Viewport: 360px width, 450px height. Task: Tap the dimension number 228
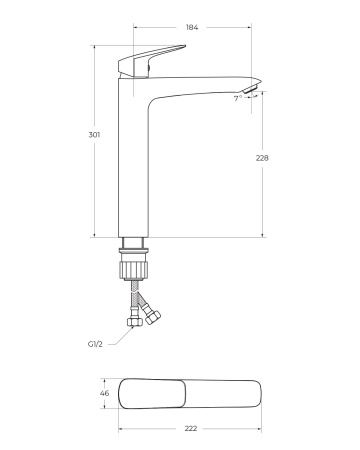(x=264, y=157)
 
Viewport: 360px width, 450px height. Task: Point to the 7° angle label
(x=237, y=98)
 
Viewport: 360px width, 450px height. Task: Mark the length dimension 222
(x=191, y=428)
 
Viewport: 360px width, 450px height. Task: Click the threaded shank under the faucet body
(x=134, y=247)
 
